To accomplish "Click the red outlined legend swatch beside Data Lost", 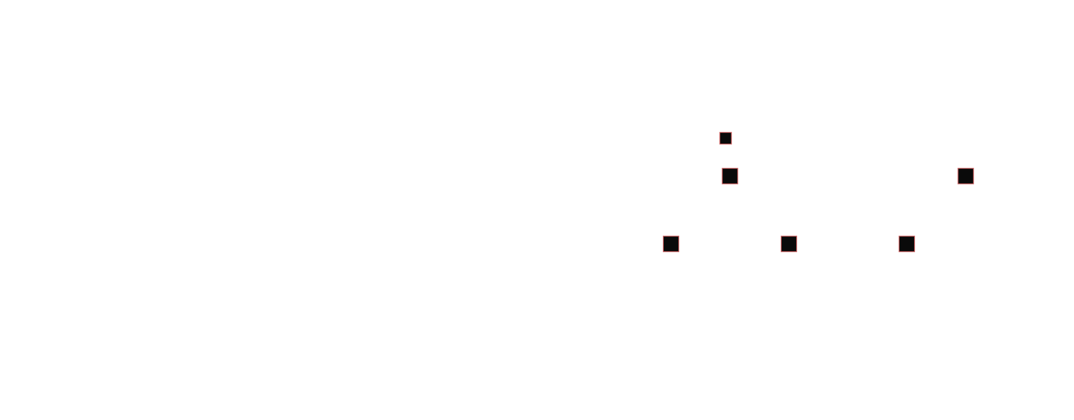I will [725, 138].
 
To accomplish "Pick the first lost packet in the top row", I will [730, 176].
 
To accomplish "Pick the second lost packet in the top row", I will [965, 176].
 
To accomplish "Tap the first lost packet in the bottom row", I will [671, 244].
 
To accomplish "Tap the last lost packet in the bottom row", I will [907, 244].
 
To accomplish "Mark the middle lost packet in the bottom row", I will [789, 244].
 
